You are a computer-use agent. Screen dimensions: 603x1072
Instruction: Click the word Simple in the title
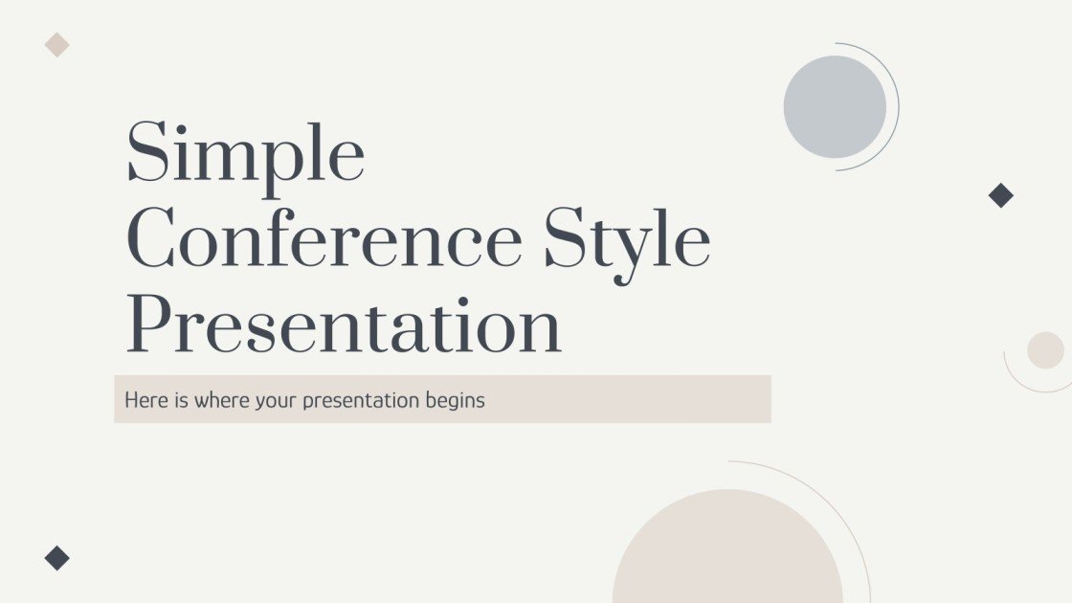coord(245,153)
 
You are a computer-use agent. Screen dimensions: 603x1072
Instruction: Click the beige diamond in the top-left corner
coord(57,44)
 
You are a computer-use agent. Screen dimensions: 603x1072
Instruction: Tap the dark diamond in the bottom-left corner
coord(57,558)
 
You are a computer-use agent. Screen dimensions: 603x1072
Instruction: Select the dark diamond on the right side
coord(1000,195)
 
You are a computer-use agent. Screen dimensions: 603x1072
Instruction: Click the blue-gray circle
coord(835,106)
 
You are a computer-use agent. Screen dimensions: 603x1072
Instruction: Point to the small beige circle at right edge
coord(1045,350)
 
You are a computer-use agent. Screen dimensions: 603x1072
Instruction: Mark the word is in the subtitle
coord(182,400)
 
